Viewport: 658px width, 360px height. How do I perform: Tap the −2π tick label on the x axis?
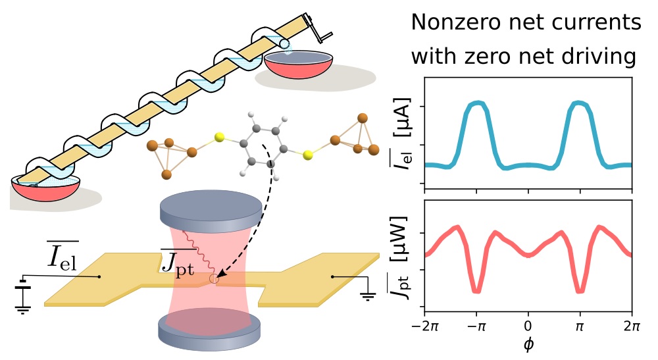point(424,326)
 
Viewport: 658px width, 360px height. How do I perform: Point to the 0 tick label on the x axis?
point(528,326)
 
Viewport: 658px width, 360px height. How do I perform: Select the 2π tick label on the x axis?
point(632,326)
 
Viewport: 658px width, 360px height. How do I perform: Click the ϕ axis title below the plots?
point(528,344)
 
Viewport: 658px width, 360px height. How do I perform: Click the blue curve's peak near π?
point(579,103)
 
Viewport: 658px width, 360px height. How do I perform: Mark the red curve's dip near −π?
point(476,290)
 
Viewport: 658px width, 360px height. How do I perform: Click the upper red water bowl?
point(299,65)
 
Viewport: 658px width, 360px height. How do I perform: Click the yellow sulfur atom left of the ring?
point(218,137)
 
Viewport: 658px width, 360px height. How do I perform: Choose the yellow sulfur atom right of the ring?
point(309,156)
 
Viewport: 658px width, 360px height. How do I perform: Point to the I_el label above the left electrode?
point(62,255)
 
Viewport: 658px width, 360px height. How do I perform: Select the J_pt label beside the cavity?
point(178,262)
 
